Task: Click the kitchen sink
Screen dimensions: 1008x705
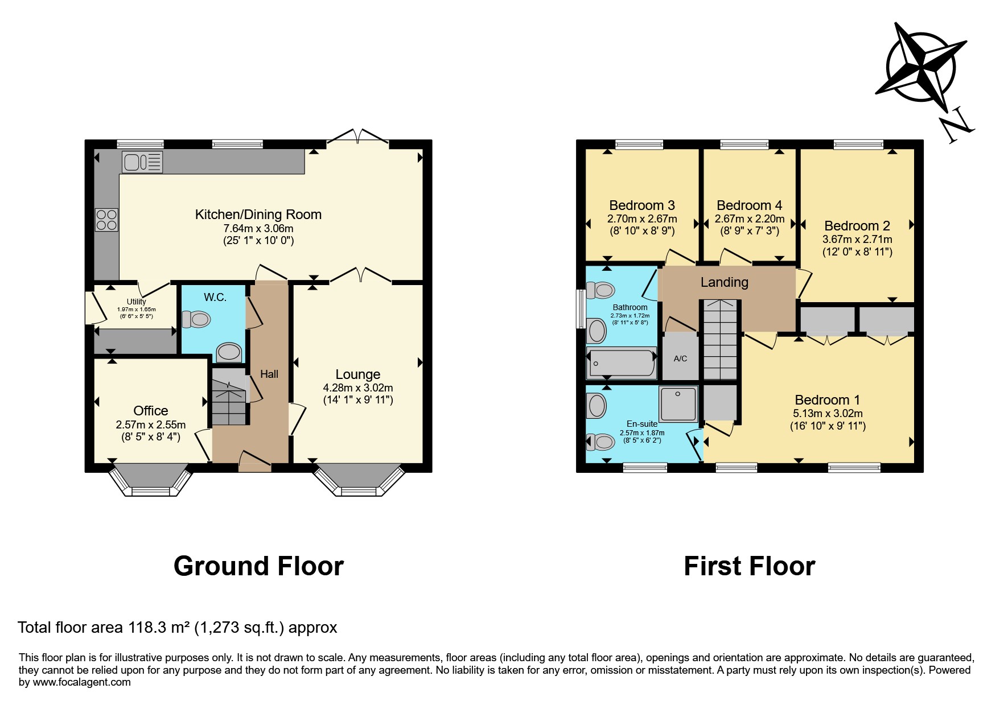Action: [142, 162]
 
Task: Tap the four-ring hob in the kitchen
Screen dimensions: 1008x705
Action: [106, 220]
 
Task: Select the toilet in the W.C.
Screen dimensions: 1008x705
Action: [196, 319]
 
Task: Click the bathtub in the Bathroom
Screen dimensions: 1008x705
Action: [622, 363]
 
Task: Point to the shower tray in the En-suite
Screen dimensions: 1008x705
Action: [678, 404]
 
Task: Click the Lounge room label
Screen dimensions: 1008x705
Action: [358, 374]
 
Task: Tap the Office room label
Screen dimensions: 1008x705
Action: [151, 411]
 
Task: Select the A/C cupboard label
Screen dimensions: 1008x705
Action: [680, 358]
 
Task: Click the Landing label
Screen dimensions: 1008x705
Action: [725, 282]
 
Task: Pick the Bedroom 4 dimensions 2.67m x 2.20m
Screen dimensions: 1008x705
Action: [750, 219]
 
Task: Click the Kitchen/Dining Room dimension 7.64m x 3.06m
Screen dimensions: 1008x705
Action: [258, 228]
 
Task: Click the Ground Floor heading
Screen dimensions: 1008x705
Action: [258, 566]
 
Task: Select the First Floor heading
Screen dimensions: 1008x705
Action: [750, 566]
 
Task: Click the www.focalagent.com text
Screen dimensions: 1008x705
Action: [82, 682]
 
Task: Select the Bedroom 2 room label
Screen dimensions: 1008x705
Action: [857, 226]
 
